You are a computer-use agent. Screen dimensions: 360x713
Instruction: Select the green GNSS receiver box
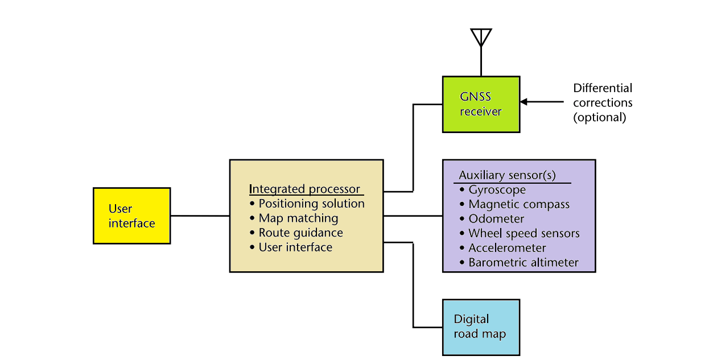pyautogui.click(x=481, y=104)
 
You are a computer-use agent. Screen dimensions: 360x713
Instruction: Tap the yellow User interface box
pyautogui.click(x=131, y=216)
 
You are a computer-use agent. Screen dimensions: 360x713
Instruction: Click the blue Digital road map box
pyautogui.click(x=481, y=327)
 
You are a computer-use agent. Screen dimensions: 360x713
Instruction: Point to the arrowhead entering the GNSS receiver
pyautogui.click(x=524, y=102)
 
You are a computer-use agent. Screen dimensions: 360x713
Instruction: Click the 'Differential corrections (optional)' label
pyautogui.click(x=603, y=103)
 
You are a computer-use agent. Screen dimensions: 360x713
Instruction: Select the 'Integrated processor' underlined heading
pyautogui.click(x=304, y=189)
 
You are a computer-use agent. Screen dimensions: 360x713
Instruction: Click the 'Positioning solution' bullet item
pyautogui.click(x=311, y=204)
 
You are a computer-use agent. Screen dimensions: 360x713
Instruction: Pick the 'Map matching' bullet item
pyautogui.click(x=298, y=218)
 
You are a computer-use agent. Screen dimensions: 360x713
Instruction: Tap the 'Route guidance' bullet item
pyautogui.click(x=300, y=233)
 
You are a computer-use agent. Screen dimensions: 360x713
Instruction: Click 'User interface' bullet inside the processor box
pyautogui.click(x=295, y=247)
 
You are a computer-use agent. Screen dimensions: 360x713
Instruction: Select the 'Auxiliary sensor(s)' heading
pyautogui.click(x=507, y=175)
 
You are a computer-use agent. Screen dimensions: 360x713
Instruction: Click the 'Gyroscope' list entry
pyautogui.click(x=497, y=190)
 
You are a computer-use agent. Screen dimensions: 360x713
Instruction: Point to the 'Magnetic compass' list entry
pyautogui.click(x=518, y=204)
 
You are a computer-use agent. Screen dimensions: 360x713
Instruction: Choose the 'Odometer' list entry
pyautogui.click(x=496, y=219)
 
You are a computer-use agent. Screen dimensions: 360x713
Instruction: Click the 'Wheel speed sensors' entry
pyautogui.click(x=524, y=233)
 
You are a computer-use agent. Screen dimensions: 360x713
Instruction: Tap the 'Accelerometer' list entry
pyautogui.click(x=507, y=248)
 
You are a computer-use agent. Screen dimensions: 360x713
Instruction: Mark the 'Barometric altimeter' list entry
pyautogui.click(x=523, y=263)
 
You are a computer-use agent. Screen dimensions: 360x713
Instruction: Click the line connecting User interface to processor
pyautogui.click(x=200, y=216)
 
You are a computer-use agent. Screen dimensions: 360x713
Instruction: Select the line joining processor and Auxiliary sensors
pyautogui.click(x=413, y=216)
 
